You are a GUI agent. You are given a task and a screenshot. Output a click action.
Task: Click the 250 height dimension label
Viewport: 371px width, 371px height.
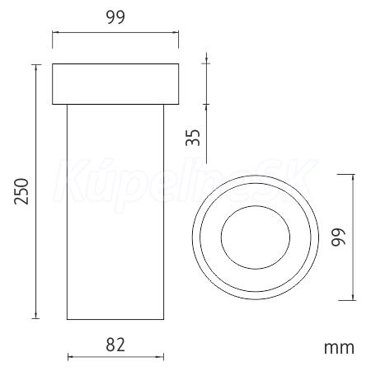tap(21, 191)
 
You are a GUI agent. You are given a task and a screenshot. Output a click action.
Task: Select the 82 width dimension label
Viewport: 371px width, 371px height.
tap(115, 345)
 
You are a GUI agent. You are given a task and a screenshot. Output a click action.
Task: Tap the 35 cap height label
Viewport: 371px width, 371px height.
tap(193, 137)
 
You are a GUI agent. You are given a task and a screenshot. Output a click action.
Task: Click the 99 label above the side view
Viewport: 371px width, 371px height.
tap(115, 16)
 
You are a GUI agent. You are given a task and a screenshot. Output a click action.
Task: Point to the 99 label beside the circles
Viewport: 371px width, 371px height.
tap(338, 237)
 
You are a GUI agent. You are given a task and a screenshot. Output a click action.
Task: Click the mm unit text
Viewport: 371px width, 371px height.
tap(339, 348)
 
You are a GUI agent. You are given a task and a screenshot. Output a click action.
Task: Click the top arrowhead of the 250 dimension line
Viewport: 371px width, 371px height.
tap(35, 68)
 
